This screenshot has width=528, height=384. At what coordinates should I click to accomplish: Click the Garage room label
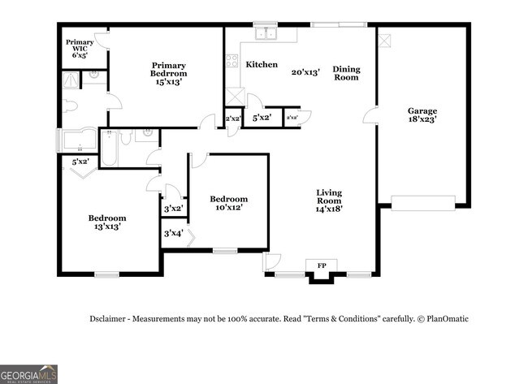pos(422,111)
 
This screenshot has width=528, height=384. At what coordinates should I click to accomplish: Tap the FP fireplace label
pos(322,265)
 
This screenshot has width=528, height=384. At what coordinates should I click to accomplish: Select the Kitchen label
pos(262,64)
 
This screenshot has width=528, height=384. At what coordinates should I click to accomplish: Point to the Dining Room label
pos(346,74)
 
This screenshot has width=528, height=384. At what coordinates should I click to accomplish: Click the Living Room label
pos(329,197)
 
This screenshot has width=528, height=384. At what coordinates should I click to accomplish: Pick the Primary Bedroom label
pos(168,70)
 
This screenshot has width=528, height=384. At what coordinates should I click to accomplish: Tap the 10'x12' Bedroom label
pos(228,199)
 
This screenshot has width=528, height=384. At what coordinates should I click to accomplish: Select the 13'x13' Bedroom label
pos(107,218)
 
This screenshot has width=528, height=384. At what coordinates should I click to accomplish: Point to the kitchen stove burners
pos(232,61)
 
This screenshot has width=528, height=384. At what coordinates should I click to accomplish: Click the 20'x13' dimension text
pos(306,71)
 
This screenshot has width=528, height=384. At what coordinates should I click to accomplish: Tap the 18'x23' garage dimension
pos(422,120)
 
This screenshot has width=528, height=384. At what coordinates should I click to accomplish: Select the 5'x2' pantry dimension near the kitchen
pos(262,119)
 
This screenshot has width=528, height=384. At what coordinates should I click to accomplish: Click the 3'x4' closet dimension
pos(172,234)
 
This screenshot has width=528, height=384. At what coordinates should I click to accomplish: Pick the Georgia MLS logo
pos(28,373)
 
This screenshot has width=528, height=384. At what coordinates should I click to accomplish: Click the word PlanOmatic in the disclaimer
pos(447,319)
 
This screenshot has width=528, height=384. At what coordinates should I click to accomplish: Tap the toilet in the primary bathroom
pos(70,106)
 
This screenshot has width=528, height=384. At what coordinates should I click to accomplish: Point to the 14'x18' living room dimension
pos(329,208)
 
